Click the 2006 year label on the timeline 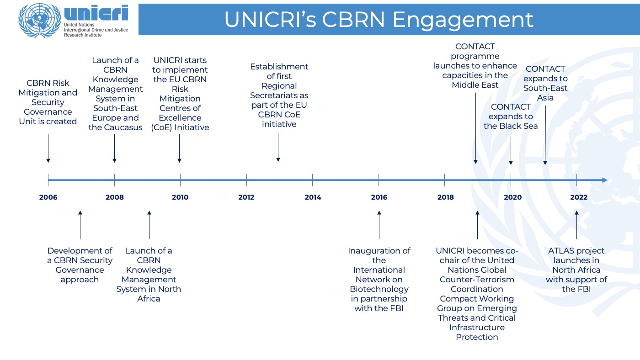pos(48,197)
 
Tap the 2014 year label pos(313,197)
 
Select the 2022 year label pos(579,197)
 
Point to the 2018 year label pos(445,197)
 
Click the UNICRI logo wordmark pos(96,14)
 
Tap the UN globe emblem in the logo pos(39,20)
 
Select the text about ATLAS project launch pos(576,270)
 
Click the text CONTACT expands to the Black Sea pos(511,116)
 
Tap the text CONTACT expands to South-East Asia pos(545,83)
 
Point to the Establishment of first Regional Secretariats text pos(279,95)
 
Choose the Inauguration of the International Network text pos(379,279)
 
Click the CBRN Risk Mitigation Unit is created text pos(48,102)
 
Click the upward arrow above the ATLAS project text pos(576,225)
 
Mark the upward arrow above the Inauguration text pos(379,225)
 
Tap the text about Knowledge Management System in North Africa pos(149,274)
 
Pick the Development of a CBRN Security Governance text pos(80,265)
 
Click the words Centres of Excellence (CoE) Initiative pos(180,118)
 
